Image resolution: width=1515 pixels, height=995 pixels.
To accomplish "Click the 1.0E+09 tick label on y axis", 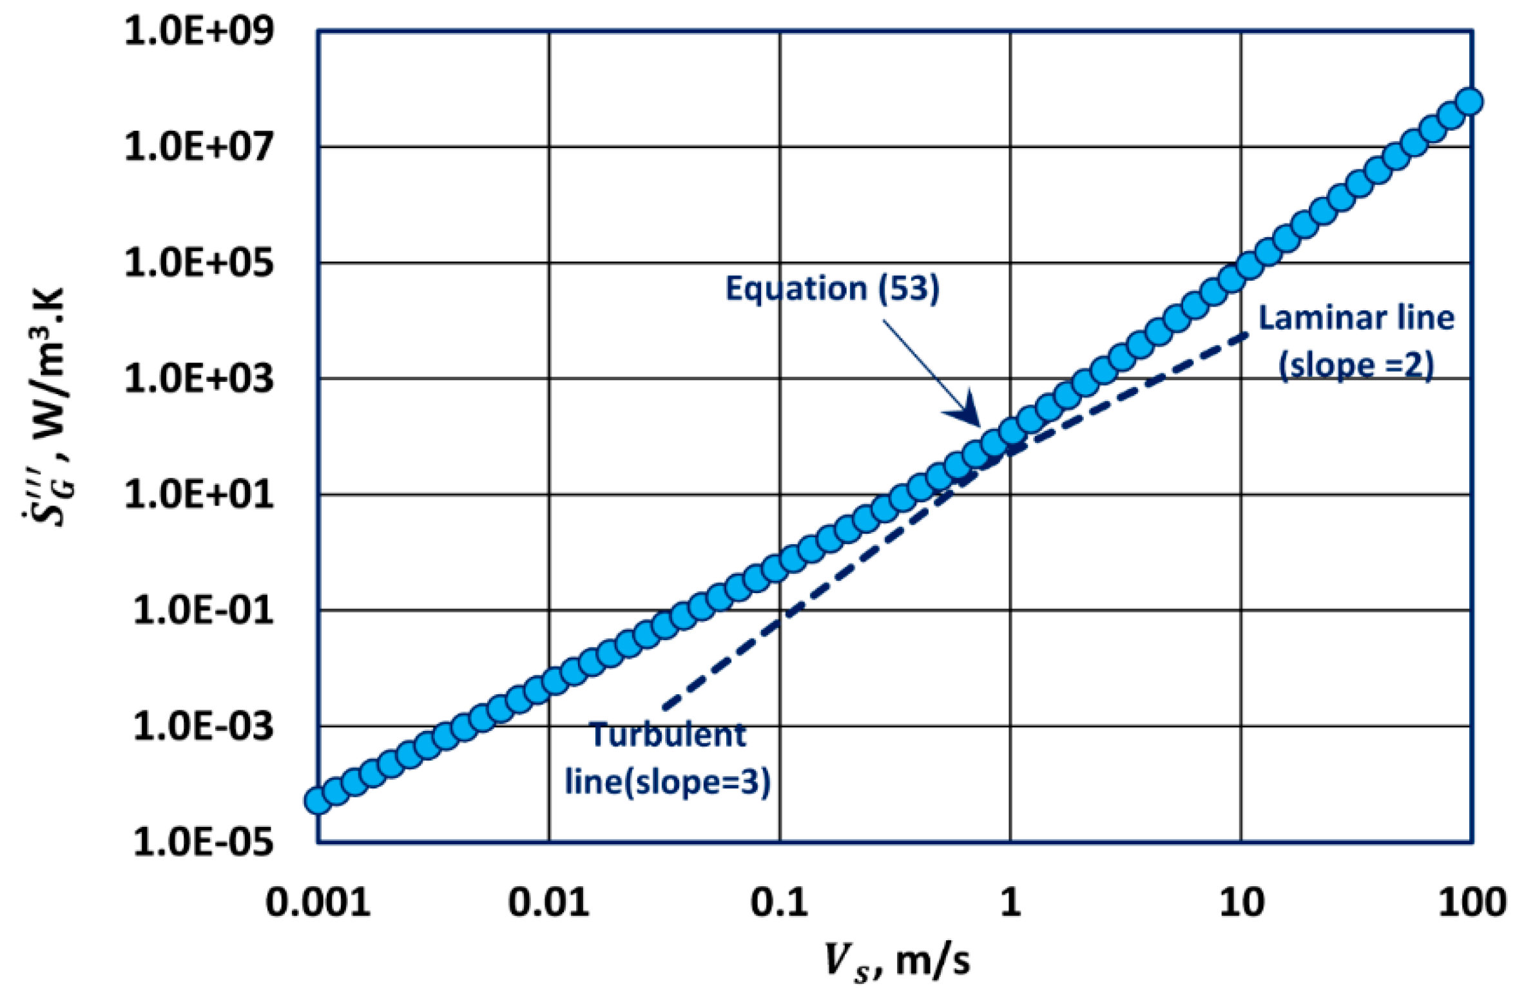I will [x=198, y=31].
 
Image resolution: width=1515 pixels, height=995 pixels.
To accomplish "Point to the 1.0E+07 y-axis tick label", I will [x=198, y=147].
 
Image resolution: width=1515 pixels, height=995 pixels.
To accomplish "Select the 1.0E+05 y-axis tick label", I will [x=198, y=263].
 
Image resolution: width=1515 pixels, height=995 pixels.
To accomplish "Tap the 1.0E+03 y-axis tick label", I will [x=198, y=378].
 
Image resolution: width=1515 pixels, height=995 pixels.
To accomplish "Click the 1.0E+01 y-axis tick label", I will [x=198, y=495].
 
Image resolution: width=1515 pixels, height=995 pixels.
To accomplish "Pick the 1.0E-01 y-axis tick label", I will [x=203, y=610].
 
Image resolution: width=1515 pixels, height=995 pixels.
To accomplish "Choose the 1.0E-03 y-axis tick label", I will [x=203, y=726].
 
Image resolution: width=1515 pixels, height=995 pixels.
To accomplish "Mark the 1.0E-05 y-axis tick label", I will [x=203, y=842].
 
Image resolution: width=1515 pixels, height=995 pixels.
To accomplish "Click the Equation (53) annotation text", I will [x=832, y=288].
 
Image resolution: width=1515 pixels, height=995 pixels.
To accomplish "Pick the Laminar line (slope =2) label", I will [x=1356, y=341].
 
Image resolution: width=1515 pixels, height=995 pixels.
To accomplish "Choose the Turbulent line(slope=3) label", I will [x=668, y=759].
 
